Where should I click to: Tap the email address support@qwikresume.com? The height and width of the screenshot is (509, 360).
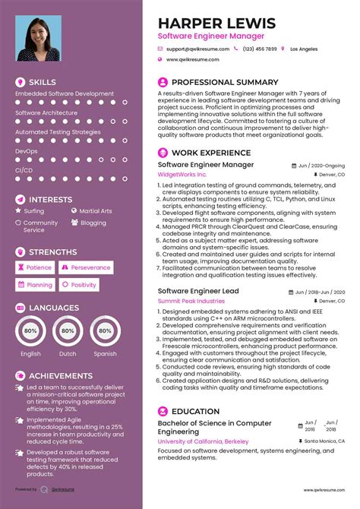pos(197,49)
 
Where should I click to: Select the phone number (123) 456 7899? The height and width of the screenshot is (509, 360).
pos(260,49)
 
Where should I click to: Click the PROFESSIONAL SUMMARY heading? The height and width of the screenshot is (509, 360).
pos(225,82)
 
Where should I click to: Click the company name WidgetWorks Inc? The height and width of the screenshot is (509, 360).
pos(182,175)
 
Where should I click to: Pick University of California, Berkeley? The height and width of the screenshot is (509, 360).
pos(204,441)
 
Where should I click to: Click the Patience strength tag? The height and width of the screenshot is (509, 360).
pos(35,267)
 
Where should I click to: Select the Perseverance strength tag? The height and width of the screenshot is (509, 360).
pos(86,267)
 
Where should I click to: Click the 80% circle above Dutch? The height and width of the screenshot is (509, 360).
pos(68,332)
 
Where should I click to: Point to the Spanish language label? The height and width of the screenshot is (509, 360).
pos(105,353)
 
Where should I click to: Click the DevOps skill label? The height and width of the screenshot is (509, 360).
pos(26,151)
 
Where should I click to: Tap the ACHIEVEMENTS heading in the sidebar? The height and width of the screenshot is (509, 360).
pos(60,375)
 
